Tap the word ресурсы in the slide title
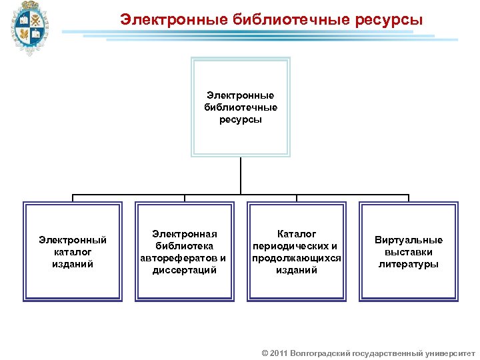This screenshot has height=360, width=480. [x=389, y=20]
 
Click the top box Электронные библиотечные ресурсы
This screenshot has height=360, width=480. [x=240, y=107]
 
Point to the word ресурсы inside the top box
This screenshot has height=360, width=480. [x=240, y=120]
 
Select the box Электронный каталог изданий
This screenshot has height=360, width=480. [x=73, y=252]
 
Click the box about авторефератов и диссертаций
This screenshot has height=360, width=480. [x=184, y=252]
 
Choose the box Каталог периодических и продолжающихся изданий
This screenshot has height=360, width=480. [x=297, y=252]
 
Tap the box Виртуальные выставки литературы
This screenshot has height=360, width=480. [x=409, y=252]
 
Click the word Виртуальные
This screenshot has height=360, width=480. [x=409, y=240]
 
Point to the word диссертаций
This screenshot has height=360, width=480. [x=184, y=270]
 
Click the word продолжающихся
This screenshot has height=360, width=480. [x=297, y=258]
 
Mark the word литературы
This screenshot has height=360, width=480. [x=409, y=264]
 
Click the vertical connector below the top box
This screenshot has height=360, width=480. [x=240, y=176]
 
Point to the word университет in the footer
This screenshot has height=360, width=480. [x=449, y=353]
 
